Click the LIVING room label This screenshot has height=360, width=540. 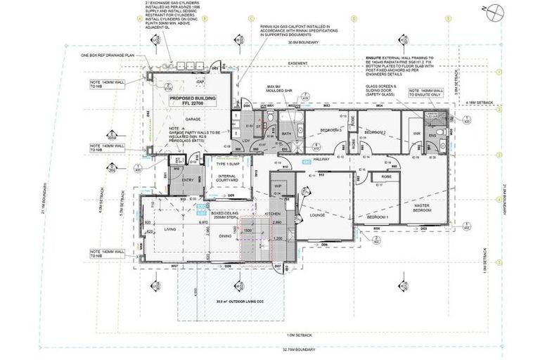coord(170,229)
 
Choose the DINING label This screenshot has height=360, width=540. coord(225,236)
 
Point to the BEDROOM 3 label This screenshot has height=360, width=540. coord(330,131)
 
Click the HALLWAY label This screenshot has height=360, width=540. coord(321,159)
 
